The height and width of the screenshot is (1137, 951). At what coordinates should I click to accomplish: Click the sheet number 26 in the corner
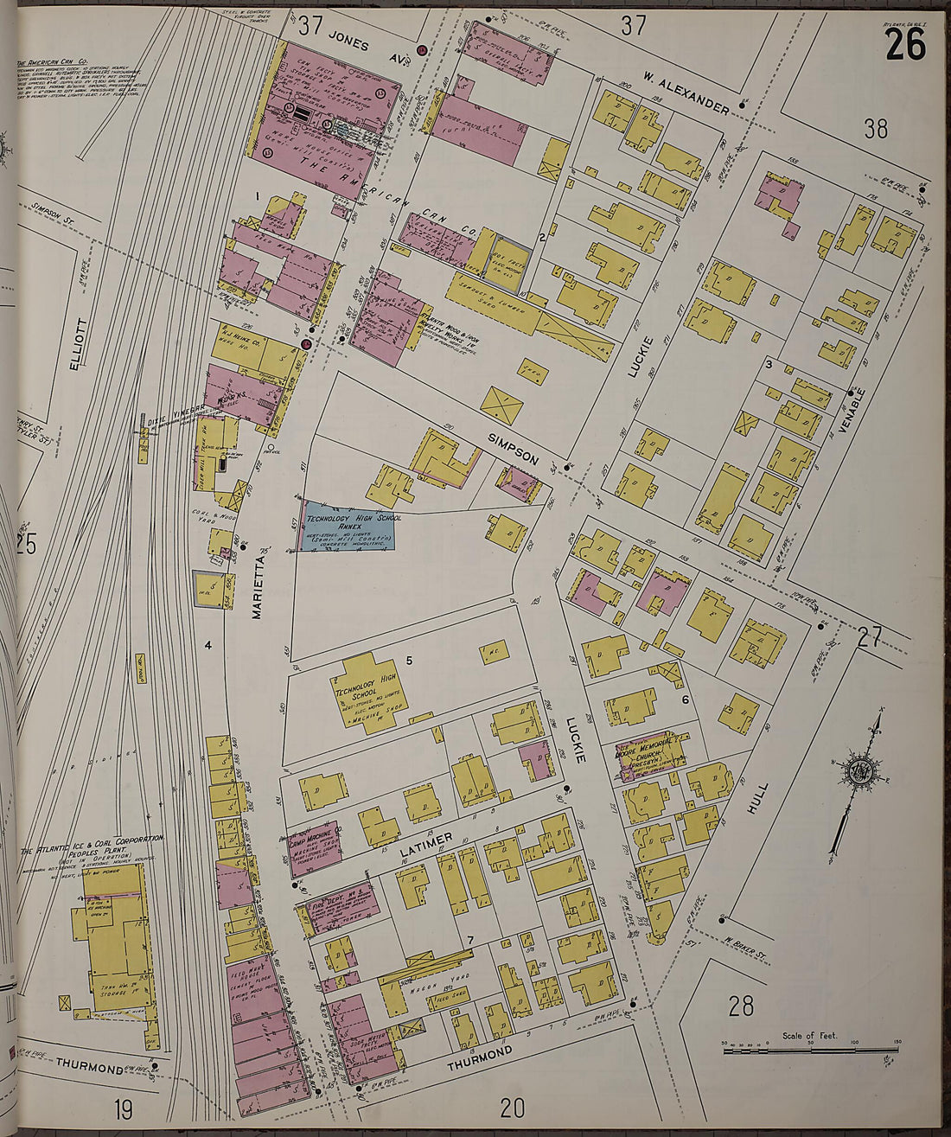(905, 45)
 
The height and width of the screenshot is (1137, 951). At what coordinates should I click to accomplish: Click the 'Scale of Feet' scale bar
(811, 1045)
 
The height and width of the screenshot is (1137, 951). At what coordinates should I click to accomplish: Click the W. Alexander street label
(686, 94)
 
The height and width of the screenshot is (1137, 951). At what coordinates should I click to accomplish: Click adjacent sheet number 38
(876, 129)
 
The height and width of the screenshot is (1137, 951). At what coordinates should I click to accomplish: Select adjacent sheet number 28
(741, 1006)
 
